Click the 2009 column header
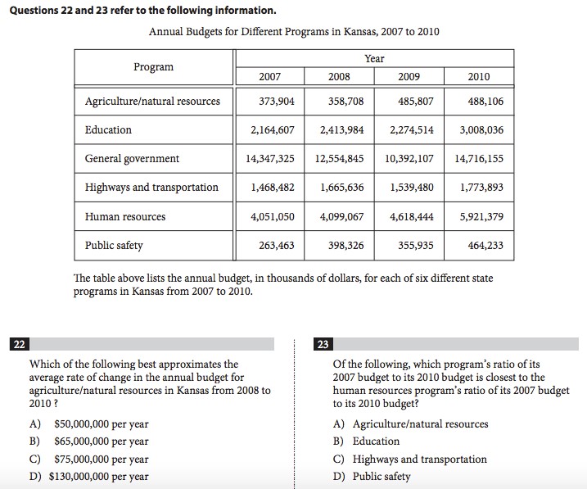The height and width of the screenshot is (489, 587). point(409,76)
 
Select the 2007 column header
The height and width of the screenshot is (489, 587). point(269,76)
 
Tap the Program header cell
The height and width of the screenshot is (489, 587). point(154,66)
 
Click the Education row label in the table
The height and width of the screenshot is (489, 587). point(108,129)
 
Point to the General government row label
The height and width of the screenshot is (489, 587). point(132,158)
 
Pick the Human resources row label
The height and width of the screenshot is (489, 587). point(124,216)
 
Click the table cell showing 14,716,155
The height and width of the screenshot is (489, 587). point(479,158)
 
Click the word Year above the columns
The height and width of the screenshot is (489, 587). point(374,58)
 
